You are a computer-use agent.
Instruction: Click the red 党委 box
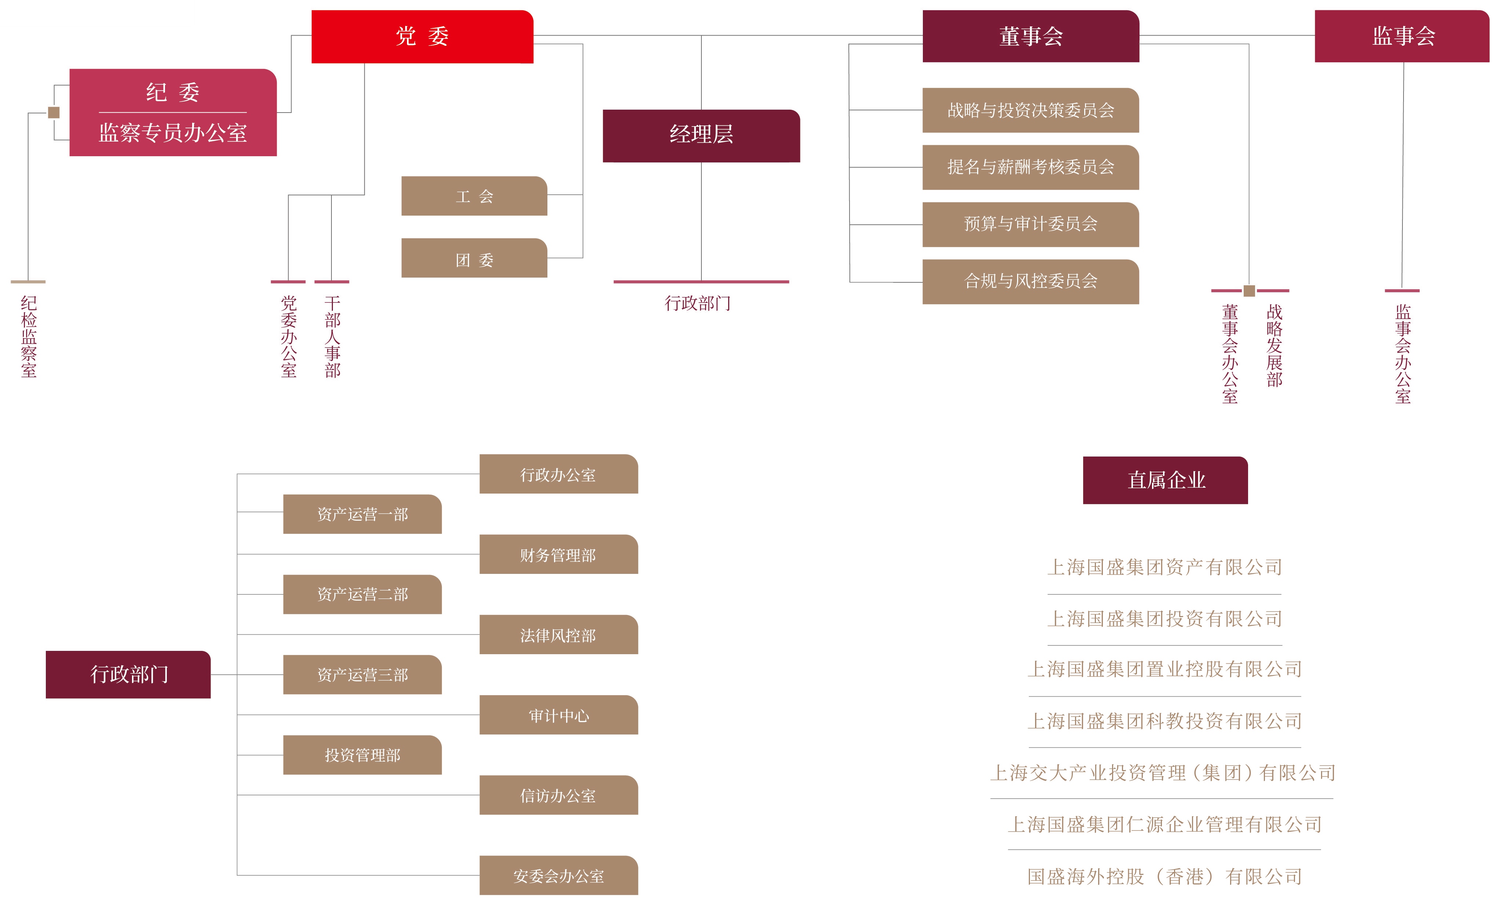pos(422,37)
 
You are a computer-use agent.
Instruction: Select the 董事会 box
pos(1030,37)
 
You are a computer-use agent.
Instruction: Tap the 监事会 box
pos(1402,37)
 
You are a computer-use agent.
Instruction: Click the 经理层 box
pos(701,135)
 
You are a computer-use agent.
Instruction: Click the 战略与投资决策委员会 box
pos(1030,110)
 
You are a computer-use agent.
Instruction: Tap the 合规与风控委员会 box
pos(1030,282)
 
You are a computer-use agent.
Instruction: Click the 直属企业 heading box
pos(1165,481)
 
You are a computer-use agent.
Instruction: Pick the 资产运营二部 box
pos(362,594)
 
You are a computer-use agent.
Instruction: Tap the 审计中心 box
pos(558,715)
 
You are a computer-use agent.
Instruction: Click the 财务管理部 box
pos(558,555)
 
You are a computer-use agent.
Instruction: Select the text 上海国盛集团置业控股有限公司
pos(1164,670)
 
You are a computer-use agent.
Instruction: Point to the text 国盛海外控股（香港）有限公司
pos(1164,877)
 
